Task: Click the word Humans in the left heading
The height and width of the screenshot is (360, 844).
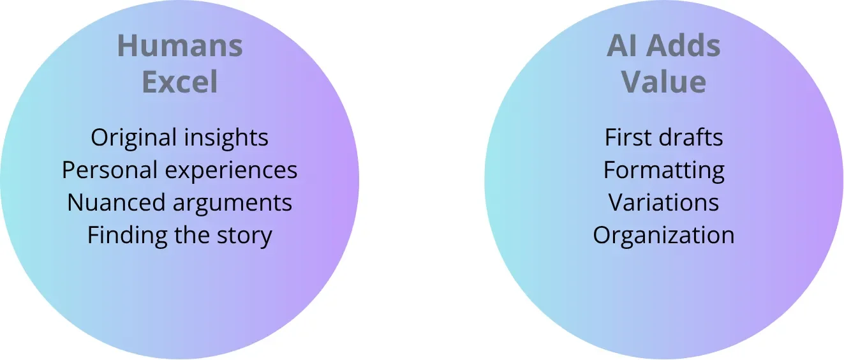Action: (x=180, y=47)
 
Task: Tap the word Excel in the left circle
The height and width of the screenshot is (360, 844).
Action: (x=180, y=82)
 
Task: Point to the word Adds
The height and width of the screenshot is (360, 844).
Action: (x=682, y=47)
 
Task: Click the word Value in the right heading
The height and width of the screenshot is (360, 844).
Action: (x=663, y=82)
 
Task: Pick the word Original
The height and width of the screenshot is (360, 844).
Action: (x=133, y=138)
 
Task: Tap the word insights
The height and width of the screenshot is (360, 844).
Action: (x=225, y=138)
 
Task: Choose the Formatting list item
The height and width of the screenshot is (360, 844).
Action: (x=663, y=170)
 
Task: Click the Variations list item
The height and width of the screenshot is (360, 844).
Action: (x=663, y=203)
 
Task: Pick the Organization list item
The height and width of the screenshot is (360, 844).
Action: (x=663, y=236)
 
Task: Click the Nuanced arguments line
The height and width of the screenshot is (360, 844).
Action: (x=180, y=203)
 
